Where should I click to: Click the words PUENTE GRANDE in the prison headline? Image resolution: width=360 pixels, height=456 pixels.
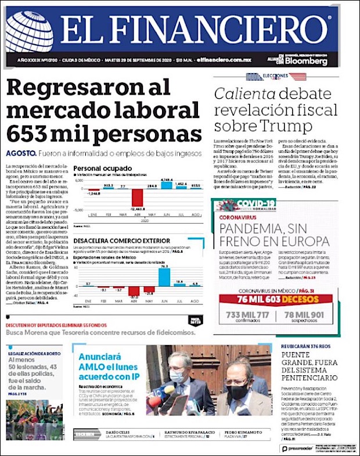pos(301,357)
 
